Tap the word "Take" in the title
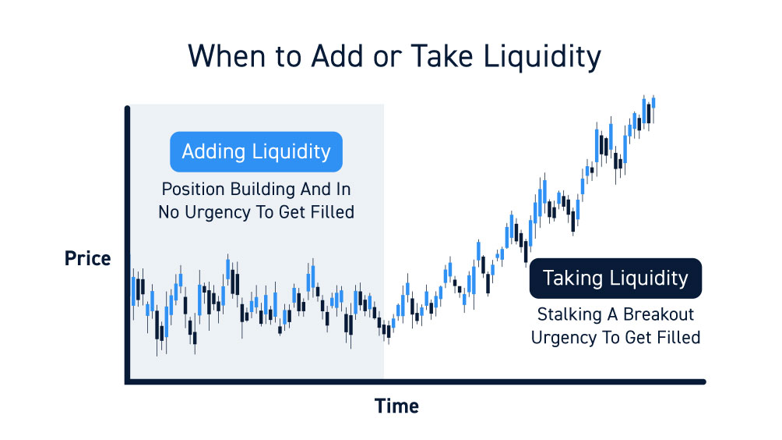(x=442, y=55)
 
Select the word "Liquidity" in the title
(x=542, y=57)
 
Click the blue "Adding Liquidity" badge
(x=256, y=152)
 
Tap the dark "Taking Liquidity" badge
(x=615, y=279)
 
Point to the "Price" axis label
(x=88, y=259)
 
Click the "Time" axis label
(x=396, y=406)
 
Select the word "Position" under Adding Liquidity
(x=193, y=190)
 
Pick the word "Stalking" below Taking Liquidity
(x=569, y=314)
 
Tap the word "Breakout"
(x=658, y=314)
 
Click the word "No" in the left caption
(x=169, y=212)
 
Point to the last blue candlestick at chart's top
(x=653, y=103)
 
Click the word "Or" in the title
(x=388, y=57)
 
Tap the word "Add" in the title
(x=337, y=55)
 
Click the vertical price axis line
(x=128, y=245)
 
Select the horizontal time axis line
(x=415, y=382)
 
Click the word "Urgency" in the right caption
(x=564, y=338)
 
